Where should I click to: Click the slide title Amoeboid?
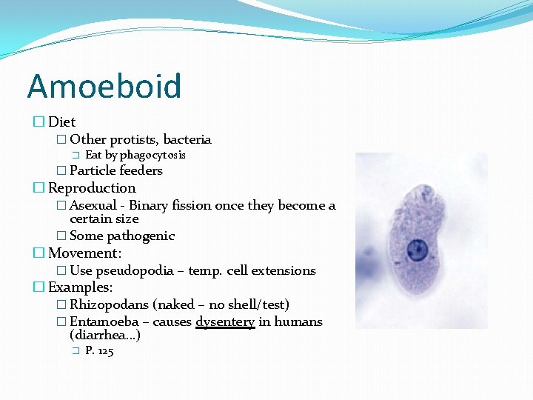104,86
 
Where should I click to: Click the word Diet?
62,121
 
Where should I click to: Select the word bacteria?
187,139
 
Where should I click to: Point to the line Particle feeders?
115,170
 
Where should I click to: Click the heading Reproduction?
92,188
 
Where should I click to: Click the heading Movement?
84,253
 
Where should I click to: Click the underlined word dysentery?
225,321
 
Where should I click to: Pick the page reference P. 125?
99,351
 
